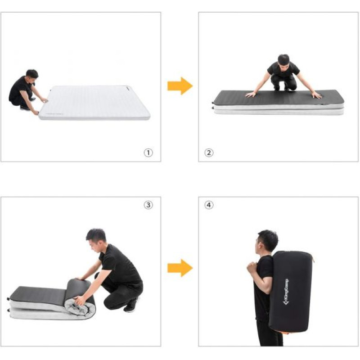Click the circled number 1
pyautogui.click(x=148, y=153)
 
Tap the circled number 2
pyautogui.click(x=209, y=153)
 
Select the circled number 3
pyautogui.click(x=148, y=205)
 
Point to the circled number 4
pyautogui.click(x=209, y=205)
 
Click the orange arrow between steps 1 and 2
pyautogui.click(x=180, y=86)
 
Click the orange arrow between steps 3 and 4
pyautogui.click(x=180, y=268)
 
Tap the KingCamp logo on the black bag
pyautogui.click(x=286, y=292)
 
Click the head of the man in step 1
pyautogui.click(x=32, y=76)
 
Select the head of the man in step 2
pyautogui.click(x=283, y=61)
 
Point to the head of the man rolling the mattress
pyautogui.click(x=96, y=239)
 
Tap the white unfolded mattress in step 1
pyautogui.click(x=94, y=103)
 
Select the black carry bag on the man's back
pyautogui.click(x=292, y=292)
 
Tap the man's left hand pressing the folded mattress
pyautogui.click(x=316, y=95)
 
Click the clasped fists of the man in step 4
pyautogui.click(x=252, y=267)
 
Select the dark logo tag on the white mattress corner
pyautogui.click(x=128, y=87)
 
